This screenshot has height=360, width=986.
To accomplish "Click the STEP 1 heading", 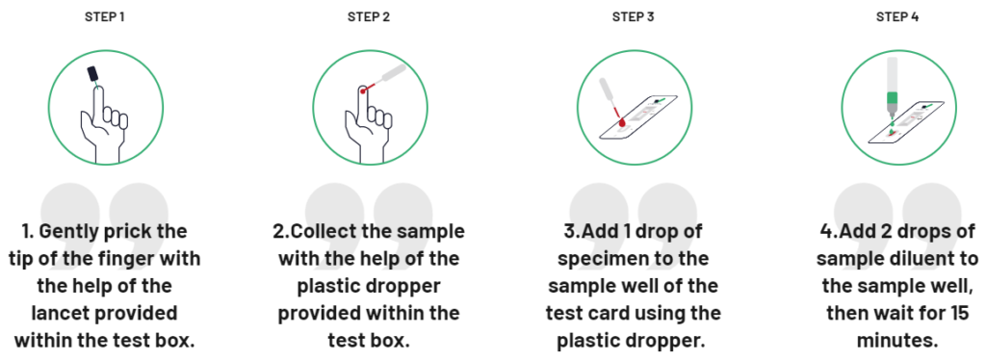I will click(x=105, y=16).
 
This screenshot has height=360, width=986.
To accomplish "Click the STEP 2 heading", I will click(x=369, y=16).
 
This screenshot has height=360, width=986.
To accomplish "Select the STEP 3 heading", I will click(x=633, y=16).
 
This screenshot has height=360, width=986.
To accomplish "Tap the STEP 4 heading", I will click(x=896, y=16).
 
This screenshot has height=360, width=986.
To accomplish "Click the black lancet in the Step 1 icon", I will click(x=93, y=74).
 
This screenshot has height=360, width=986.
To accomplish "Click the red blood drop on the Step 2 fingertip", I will click(x=362, y=91).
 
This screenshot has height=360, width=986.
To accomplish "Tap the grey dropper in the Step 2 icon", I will click(x=390, y=75).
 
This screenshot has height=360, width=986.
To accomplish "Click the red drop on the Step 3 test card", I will click(x=622, y=122).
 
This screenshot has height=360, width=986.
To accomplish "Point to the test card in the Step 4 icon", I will click(x=915, y=120).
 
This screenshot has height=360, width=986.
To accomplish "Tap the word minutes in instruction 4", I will click(x=896, y=341).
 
